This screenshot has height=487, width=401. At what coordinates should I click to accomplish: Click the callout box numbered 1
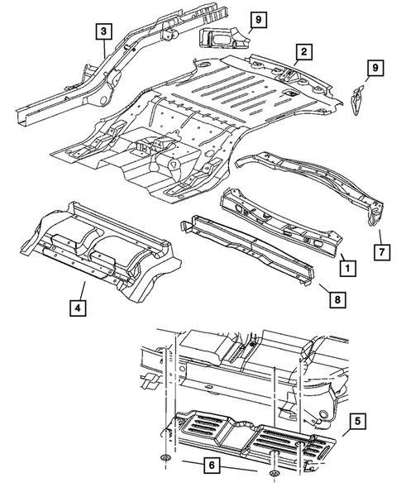pos(349,268)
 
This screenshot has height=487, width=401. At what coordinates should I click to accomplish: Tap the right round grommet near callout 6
pos(274,474)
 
